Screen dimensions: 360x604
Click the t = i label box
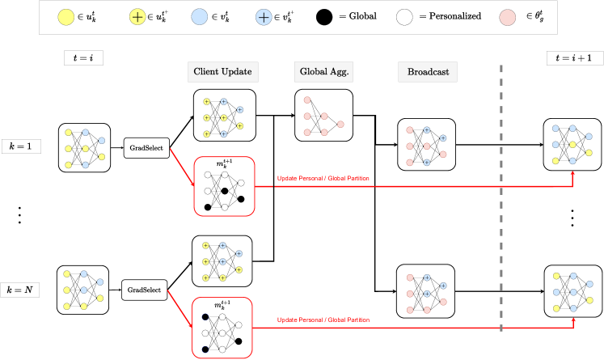click(84, 57)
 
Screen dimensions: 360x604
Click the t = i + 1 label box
click(573, 57)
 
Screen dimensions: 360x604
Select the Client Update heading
click(222, 72)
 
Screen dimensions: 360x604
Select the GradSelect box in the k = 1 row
click(146, 147)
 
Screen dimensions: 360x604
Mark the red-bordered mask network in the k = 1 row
click(224, 186)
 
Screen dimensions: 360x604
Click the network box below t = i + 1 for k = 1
click(573, 143)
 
